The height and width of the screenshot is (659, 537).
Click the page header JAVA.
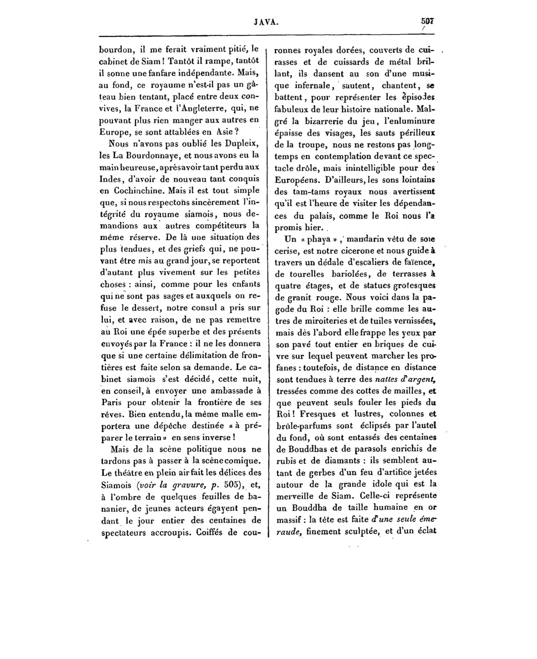click(266, 22)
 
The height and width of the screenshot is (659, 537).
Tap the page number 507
click(428, 21)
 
